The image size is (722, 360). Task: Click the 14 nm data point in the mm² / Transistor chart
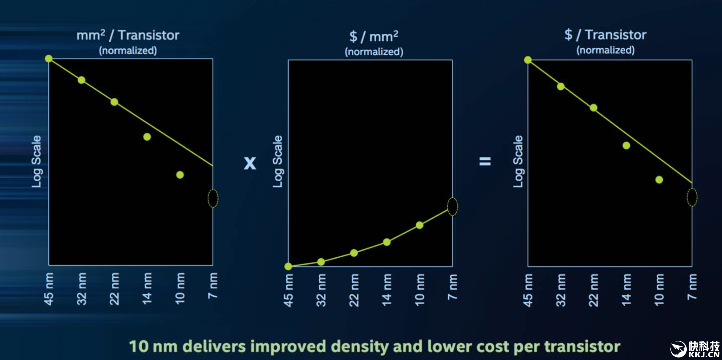(147, 137)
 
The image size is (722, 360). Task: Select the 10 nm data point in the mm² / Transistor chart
(180, 175)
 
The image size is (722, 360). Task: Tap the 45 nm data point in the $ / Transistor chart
(528, 60)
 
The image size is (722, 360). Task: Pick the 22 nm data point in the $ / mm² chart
(354, 253)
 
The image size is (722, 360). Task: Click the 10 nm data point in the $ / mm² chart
(420, 225)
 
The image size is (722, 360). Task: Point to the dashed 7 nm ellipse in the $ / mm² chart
(452, 207)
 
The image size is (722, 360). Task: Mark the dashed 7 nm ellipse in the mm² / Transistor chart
(213, 199)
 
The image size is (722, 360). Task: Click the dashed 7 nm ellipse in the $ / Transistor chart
(692, 197)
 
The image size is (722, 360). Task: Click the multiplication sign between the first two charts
(250, 163)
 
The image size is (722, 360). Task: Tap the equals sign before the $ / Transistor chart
(485, 161)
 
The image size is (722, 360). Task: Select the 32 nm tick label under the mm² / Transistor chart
(82, 289)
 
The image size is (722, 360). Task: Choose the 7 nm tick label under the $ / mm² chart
(452, 287)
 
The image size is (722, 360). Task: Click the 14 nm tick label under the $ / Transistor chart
(626, 290)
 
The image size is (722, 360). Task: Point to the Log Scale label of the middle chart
(277, 161)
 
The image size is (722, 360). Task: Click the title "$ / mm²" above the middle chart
(374, 37)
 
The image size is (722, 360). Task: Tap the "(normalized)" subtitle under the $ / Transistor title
(605, 50)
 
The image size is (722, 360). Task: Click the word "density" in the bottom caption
(359, 346)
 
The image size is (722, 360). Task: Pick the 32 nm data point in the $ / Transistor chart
(561, 86)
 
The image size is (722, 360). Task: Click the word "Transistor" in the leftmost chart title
(148, 35)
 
